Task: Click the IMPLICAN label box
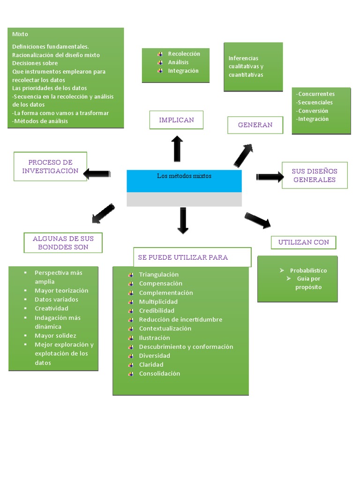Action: [x=176, y=120]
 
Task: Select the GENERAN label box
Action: [x=255, y=125]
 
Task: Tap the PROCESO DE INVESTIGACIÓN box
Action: [x=50, y=166]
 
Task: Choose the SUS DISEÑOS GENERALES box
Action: [x=315, y=175]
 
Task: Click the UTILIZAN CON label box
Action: [x=304, y=242]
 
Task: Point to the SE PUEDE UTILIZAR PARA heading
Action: [x=183, y=257]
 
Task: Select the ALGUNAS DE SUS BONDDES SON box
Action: [x=63, y=243]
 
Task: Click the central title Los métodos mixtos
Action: [x=184, y=176]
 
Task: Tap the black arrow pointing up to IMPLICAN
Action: [x=177, y=149]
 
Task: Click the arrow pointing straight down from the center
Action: [x=183, y=221]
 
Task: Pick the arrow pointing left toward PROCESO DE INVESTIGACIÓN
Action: [x=97, y=174]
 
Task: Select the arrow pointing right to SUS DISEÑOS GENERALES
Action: [x=270, y=177]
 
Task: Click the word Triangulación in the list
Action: [x=159, y=275]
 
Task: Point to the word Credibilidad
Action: [x=157, y=311]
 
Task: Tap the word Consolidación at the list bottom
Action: [x=159, y=374]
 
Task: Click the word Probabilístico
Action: [x=308, y=270]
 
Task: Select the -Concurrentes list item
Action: [x=315, y=94]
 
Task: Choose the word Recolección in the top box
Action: [x=184, y=54]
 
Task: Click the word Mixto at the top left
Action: [x=20, y=34]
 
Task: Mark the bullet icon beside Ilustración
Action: [x=131, y=338]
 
